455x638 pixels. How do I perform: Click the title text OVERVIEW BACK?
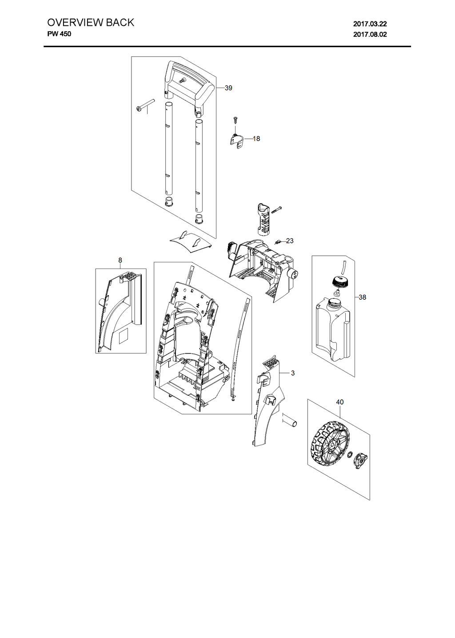(91, 23)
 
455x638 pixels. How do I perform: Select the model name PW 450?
(59, 34)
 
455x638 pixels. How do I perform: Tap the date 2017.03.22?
(370, 24)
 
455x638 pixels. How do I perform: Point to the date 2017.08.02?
(370, 35)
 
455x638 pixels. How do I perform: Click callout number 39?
(228, 88)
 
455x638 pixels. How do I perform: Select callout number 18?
(256, 139)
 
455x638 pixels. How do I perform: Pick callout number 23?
(290, 241)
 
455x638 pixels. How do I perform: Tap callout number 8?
(120, 260)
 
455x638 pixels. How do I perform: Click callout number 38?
(362, 297)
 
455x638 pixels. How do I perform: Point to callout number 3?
(293, 373)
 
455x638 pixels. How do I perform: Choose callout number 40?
(339, 402)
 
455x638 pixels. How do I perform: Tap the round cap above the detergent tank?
(339, 282)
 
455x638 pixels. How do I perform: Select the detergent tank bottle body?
(332, 329)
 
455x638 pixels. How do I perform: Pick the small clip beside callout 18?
(237, 141)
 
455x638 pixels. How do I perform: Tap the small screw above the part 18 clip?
(235, 120)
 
